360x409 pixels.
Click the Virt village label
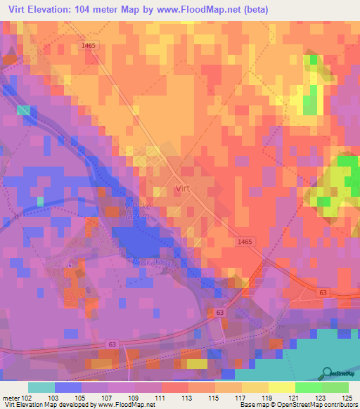pyautogui.click(x=182, y=188)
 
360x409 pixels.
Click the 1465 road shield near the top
pyautogui.click(x=87, y=44)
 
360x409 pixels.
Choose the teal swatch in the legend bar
pyautogui.click(x=41, y=387)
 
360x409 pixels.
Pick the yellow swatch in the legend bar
pyautogui.click(x=281, y=387)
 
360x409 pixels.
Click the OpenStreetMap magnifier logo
pyautogui.click(x=327, y=373)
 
